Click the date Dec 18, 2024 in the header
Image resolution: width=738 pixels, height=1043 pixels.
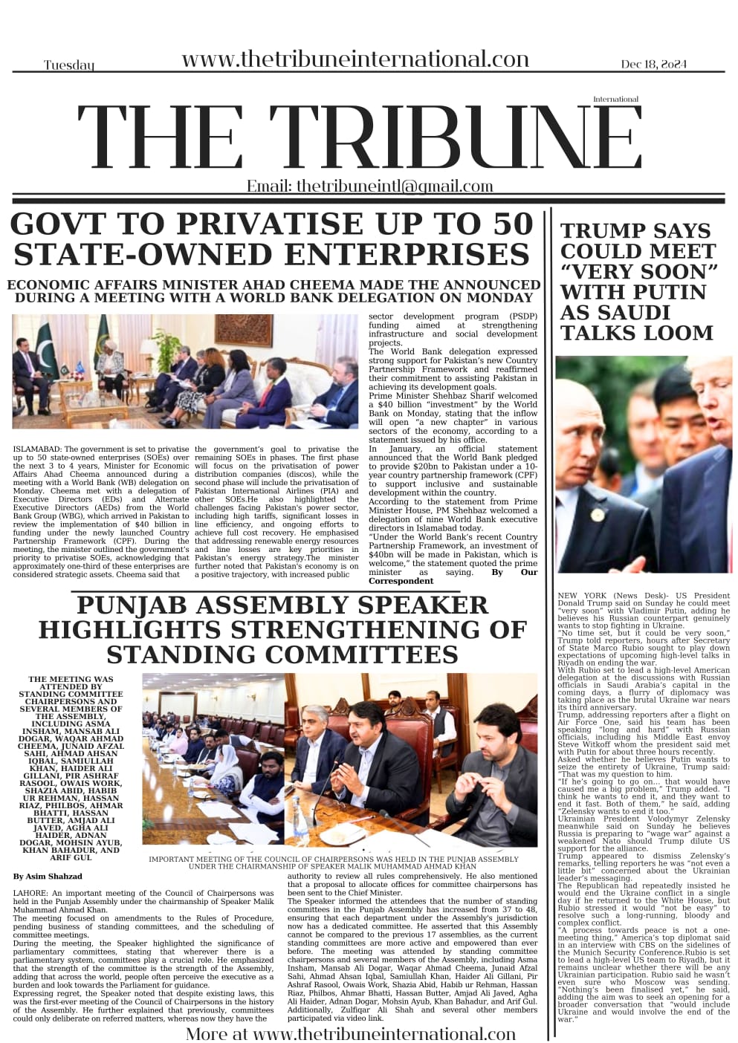[x=655, y=65]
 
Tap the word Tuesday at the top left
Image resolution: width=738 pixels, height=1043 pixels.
[x=69, y=66]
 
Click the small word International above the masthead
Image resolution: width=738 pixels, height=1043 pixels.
[x=615, y=99]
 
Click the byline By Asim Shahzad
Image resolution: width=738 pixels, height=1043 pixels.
[x=48, y=877]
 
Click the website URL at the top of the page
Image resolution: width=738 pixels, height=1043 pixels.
[x=355, y=60]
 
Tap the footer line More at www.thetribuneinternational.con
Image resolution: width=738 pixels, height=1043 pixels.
[x=350, y=1033]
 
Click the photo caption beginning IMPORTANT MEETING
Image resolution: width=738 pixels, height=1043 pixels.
[x=333, y=862]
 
